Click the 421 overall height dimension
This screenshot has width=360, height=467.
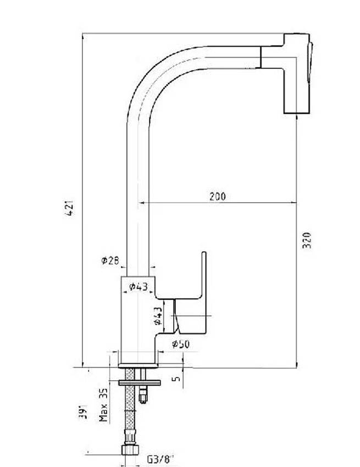[x=70, y=207]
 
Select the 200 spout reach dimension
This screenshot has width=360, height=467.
[x=217, y=196]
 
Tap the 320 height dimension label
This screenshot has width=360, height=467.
[x=307, y=240]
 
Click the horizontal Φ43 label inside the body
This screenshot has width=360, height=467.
[x=138, y=286]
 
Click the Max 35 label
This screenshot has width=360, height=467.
[x=103, y=405]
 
